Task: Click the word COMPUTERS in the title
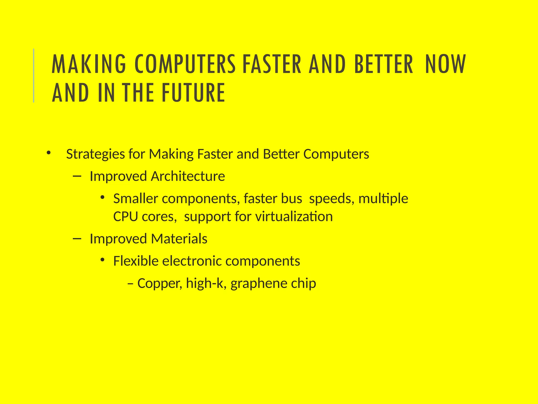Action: [x=185, y=64]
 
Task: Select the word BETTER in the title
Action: [x=384, y=64]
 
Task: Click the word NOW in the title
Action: [x=445, y=64]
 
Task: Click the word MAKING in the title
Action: [x=89, y=64]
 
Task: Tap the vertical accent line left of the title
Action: [x=34, y=75]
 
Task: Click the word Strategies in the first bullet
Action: [x=95, y=154]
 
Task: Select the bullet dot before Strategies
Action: [x=48, y=153]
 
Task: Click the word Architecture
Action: [x=188, y=176]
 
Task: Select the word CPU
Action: [x=126, y=217]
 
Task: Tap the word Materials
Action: [x=179, y=239]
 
